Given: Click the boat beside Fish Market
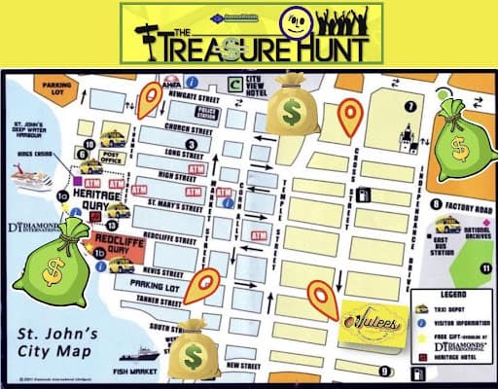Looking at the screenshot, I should point(136,353).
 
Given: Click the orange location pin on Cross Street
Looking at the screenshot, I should point(349,119).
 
